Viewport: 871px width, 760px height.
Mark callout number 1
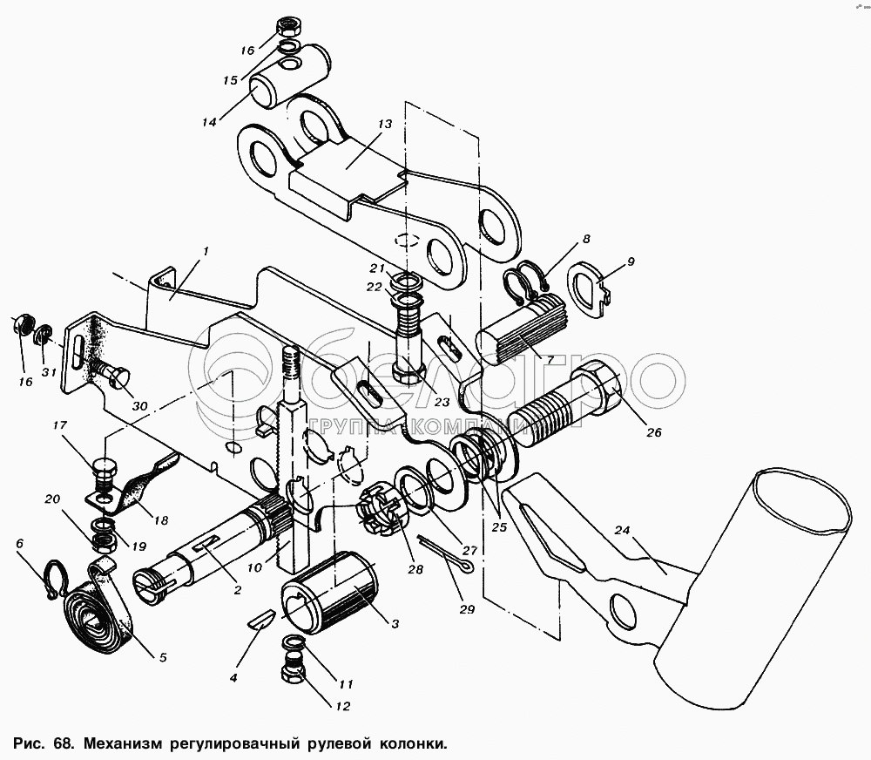coord(206,251)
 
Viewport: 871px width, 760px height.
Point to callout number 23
coord(441,402)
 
